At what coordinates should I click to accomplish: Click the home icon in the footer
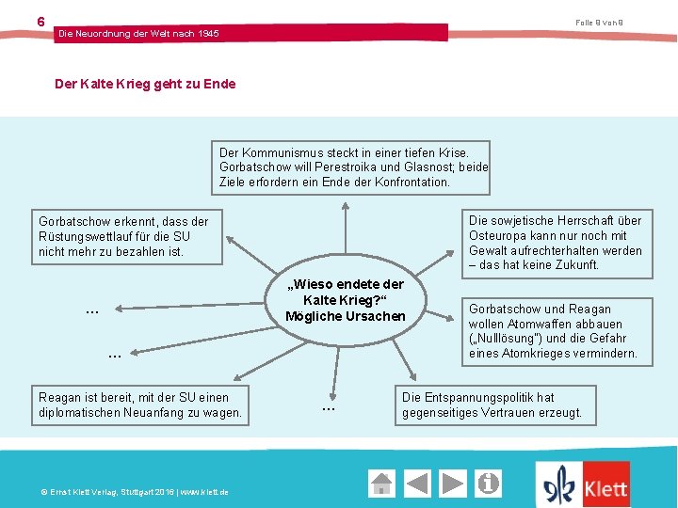click(x=381, y=484)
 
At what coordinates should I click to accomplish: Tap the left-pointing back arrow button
click(x=417, y=484)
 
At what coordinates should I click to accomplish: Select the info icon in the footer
click(x=489, y=484)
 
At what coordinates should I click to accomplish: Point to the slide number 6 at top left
click(x=40, y=21)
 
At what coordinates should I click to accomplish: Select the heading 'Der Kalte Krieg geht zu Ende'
click(x=145, y=84)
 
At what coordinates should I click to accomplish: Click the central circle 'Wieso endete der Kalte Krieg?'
click(x=345, y=299)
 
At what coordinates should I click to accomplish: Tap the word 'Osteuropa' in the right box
click(x=501, y=235)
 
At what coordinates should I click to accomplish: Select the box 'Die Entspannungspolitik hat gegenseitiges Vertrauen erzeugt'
click(x=492, y=405)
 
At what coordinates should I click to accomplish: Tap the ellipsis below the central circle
click(x=329, y=408)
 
